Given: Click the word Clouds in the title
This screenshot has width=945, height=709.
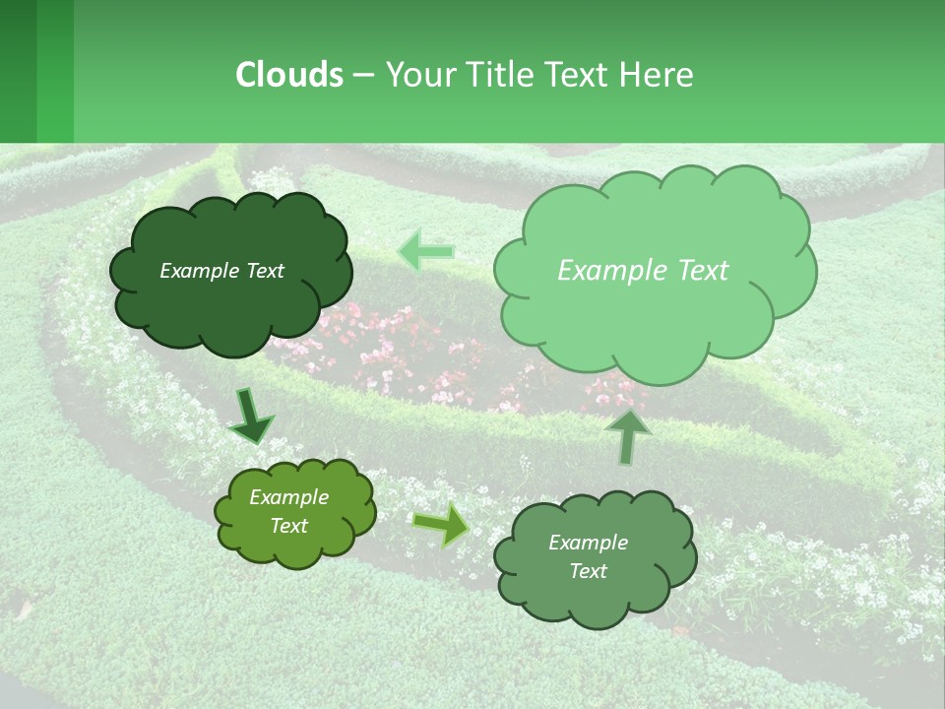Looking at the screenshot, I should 288,75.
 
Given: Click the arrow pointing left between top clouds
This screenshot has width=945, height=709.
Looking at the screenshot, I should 427,251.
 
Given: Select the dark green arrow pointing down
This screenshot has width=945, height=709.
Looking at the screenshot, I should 252,417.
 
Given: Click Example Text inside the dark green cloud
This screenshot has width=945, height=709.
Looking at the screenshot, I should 221,271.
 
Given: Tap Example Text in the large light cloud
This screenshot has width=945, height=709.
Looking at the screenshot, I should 643,271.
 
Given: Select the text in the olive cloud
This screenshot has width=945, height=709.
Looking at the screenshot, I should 288,512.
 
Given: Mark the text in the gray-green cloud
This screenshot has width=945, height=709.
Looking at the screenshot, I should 588,556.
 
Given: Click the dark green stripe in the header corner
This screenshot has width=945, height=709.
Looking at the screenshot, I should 18,71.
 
